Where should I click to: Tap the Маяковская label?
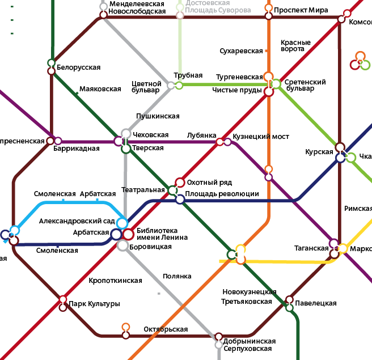(100, 89)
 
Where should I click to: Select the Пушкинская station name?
(158, 116)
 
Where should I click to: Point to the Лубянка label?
(202, 135)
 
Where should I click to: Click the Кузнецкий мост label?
(261, 137)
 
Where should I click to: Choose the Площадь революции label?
(223, 194)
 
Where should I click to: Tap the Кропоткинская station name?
(116, 281)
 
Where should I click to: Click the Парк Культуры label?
(94, 304)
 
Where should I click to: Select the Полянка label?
(177, 276)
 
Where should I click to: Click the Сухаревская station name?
(241, 51)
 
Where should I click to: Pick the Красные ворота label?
(295, 46)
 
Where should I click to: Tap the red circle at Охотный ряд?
(180, 182)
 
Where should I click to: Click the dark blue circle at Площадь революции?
(180, 199)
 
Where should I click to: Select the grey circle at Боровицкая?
(122, 245)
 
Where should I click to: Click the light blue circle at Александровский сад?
(122, 223)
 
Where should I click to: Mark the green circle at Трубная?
(179, 85)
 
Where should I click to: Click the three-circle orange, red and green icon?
(360, 61)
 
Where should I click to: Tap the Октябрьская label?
(166, 329)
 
